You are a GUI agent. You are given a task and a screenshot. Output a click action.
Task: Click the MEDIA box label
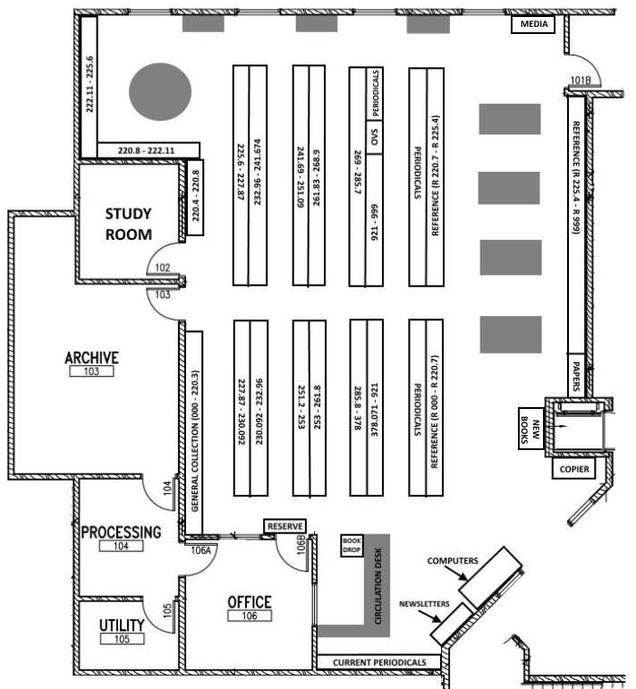tap(533, 24)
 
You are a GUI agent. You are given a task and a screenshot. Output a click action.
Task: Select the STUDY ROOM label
tap(129, 225)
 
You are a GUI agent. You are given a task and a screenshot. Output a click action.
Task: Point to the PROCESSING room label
tap(121, 532)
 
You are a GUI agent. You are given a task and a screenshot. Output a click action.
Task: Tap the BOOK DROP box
tap(350, 546)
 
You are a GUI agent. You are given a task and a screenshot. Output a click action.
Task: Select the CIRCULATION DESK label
tap(377, 586)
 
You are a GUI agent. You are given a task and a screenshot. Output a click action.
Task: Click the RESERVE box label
tap(285, 526)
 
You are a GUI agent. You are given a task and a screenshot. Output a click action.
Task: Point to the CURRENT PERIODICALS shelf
tap(378, 662)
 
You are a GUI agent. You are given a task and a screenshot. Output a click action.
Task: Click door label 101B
tap(582, 81)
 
